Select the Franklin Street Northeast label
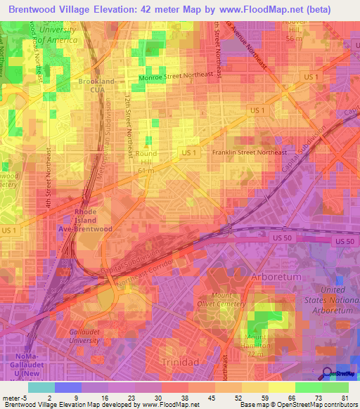[x=249, y=152]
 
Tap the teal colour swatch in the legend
[x=41, y=387]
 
